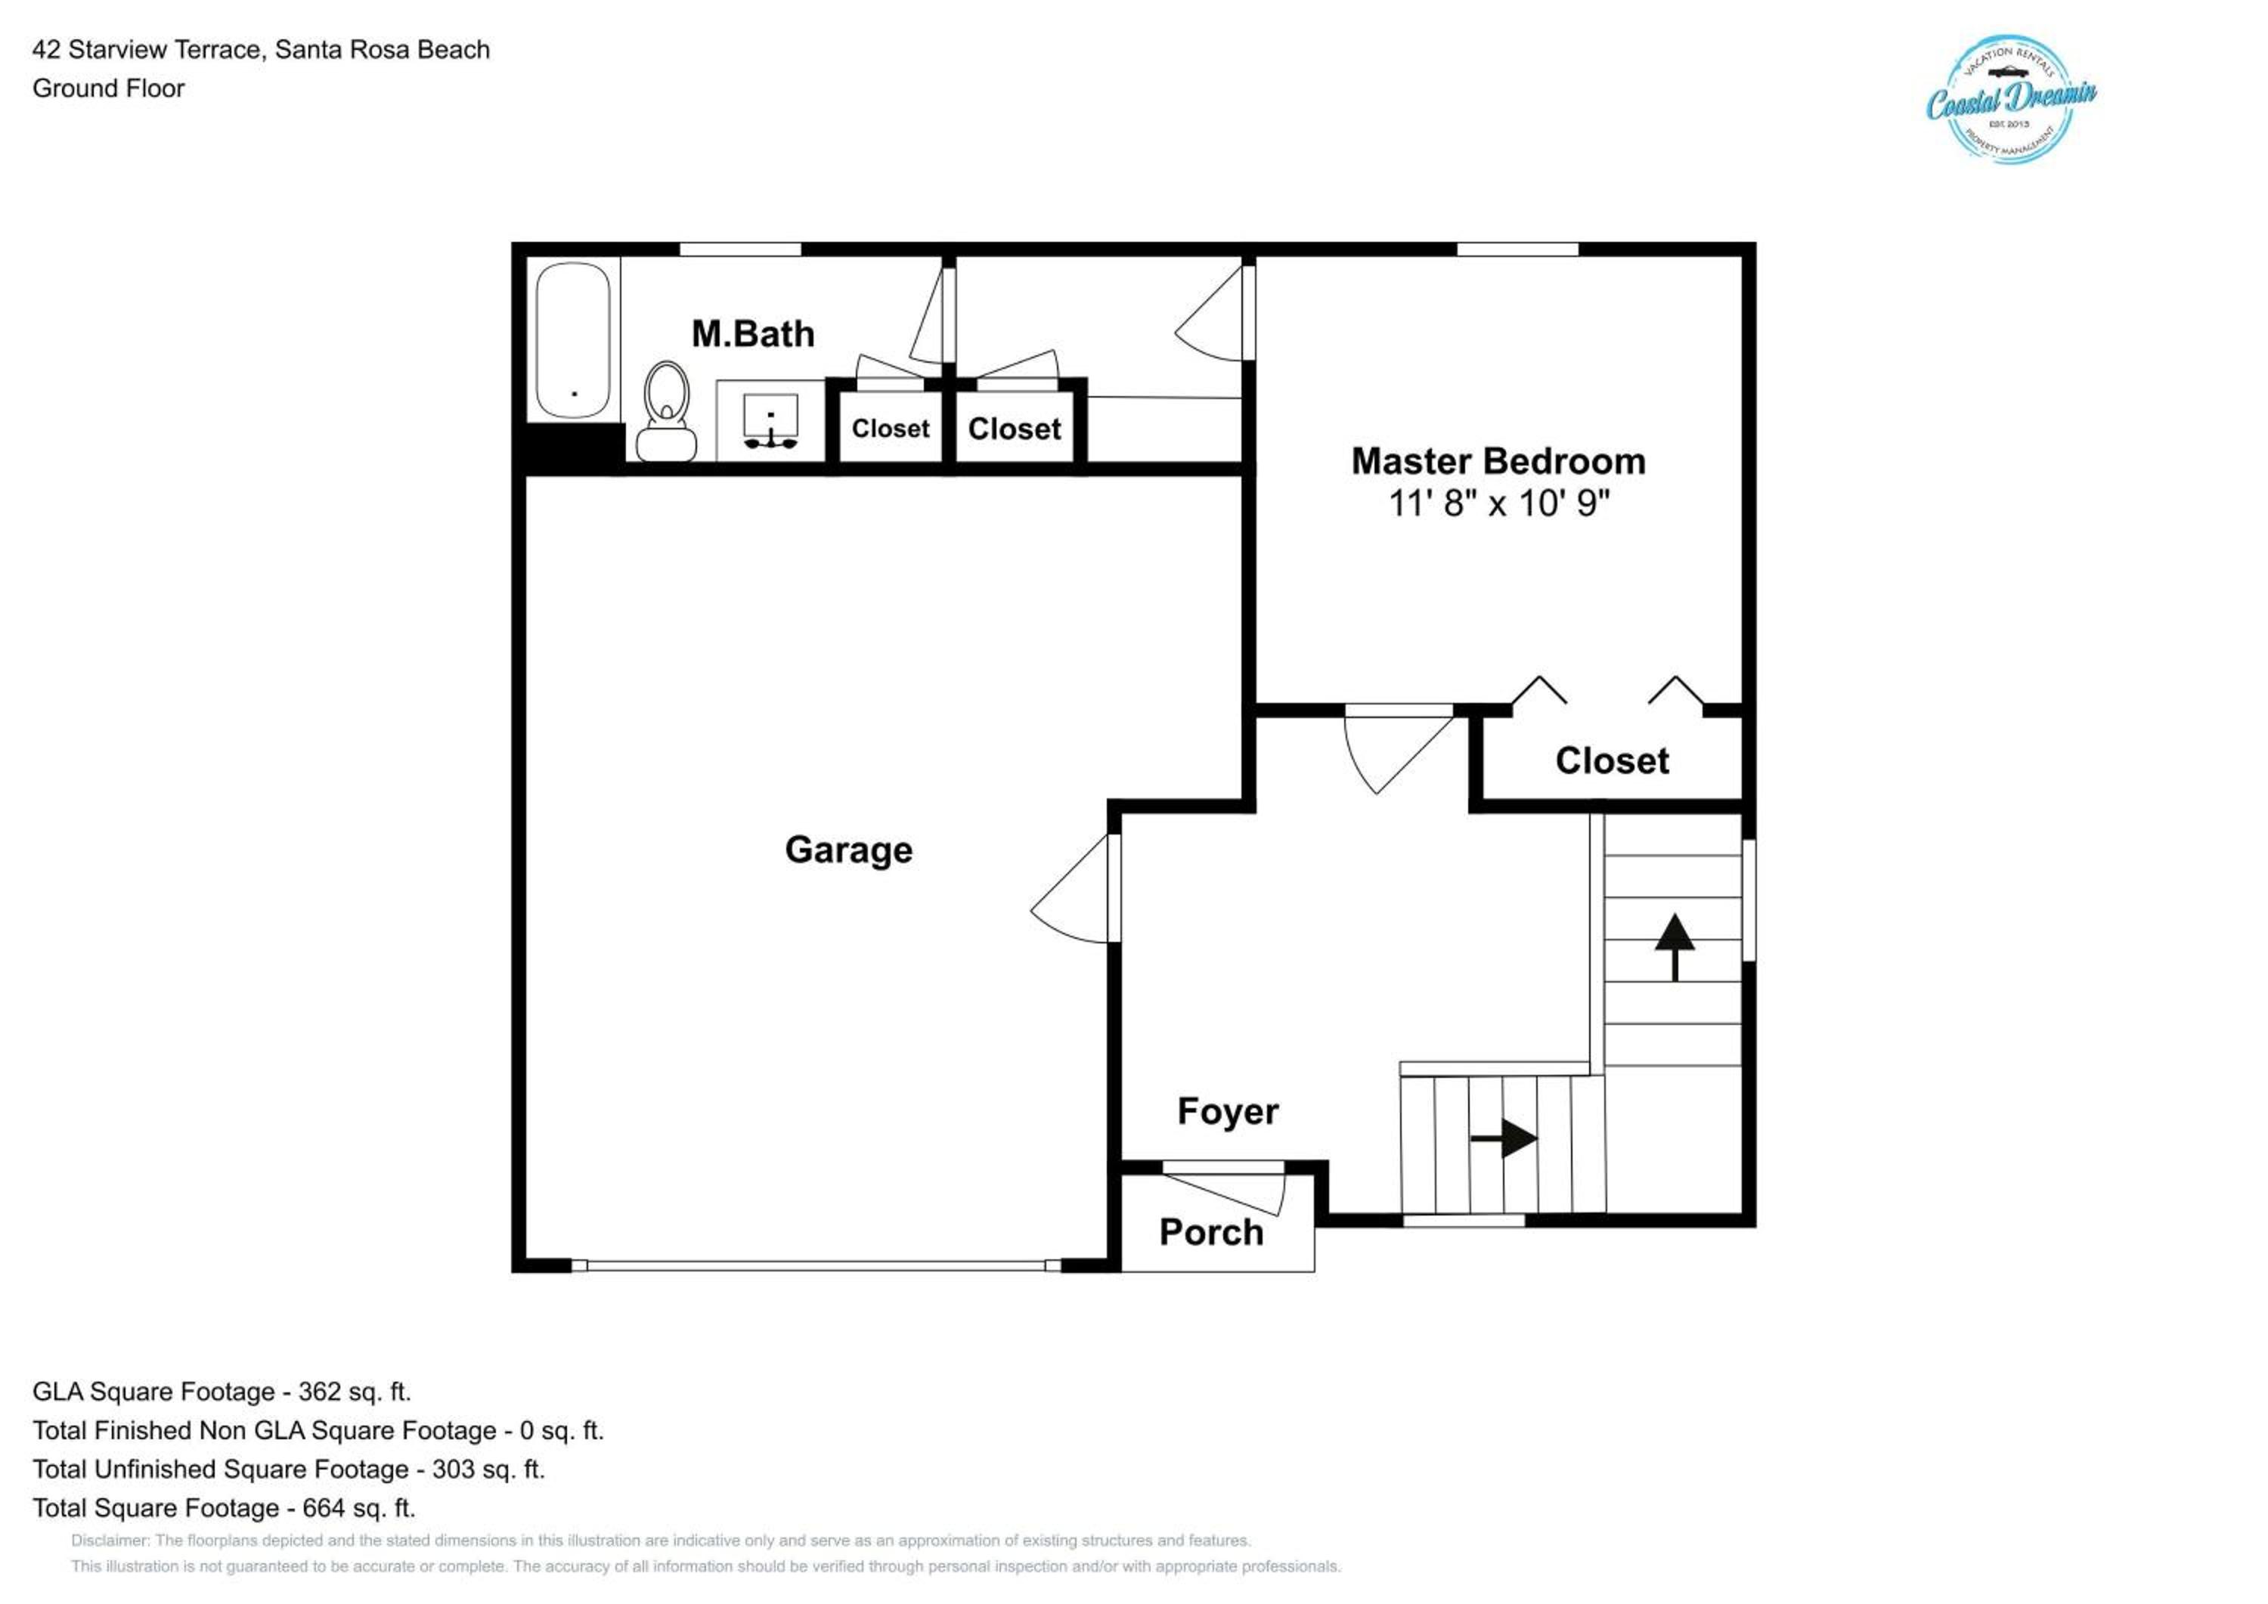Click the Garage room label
[848, 850]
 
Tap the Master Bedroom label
[1498, 461]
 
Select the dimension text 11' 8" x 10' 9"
[1498, 503]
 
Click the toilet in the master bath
[666, 411]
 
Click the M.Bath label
[753, 334]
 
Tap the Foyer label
[1228, 1111]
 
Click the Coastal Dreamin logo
[2011, 100]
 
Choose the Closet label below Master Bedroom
[1612, 760]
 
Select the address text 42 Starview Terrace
[147, 49]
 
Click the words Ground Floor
[109, 89]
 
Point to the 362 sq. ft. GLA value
[354, 1392]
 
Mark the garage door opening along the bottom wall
[816, 1265]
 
